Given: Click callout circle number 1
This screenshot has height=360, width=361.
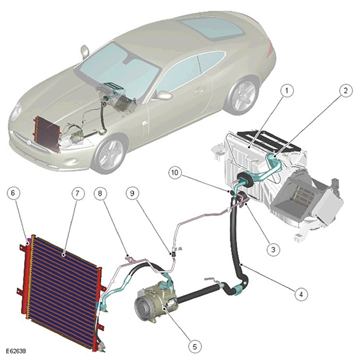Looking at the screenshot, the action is pos(286,91).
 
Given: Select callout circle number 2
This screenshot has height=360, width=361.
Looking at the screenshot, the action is pos(346,90).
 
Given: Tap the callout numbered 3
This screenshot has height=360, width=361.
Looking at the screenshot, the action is pos(274,249).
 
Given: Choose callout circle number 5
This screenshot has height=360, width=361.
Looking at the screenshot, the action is pos(195,346).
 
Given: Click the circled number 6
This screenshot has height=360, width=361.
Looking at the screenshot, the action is pos(13,193).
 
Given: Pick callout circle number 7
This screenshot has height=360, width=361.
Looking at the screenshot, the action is pos(78,193).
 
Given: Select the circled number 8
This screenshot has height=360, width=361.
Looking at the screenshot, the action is pos(100,193).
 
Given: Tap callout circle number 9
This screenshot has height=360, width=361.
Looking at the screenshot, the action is pos(132,193).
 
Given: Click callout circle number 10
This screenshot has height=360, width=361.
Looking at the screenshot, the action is pos(175,172).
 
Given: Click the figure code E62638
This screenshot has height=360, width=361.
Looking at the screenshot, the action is pos(16,351).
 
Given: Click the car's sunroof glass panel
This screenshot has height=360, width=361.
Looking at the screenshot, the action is pos(211,28).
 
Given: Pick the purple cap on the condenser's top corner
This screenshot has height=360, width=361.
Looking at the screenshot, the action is pos(29,241).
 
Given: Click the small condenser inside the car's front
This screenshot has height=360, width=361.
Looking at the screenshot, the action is pos(47,134).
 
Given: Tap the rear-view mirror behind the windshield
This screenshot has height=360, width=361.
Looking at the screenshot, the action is pos(128,61).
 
